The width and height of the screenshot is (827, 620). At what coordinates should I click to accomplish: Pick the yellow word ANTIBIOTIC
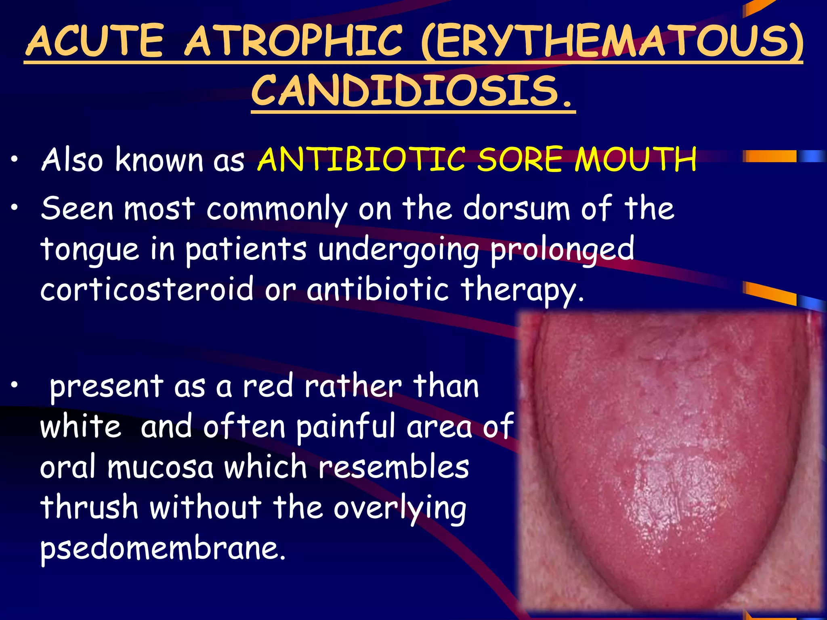pyautogui.click(x=362, y=159)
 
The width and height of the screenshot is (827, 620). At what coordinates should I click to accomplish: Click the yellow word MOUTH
pyautogui.click(x=636, y=159)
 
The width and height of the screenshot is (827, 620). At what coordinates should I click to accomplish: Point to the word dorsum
pyautogui.click(x=516, y=209)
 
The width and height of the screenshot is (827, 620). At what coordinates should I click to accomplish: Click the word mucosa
pyautogui.click(x=160, y=467)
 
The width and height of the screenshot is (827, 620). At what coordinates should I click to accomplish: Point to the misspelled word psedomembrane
pyautogui.click(x=163, y=549)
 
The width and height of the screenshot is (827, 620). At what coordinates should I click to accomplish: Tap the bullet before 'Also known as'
pyautogui.click(x=15, y=159)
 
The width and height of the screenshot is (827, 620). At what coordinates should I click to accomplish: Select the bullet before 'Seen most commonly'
pyautogui.click(x=15, y=208)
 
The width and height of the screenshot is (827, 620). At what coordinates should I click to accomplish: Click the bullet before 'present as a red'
pyautogui.click(x=15, y=385)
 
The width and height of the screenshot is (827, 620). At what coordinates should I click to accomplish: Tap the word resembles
pyautogui.click(x=394, y=467)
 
